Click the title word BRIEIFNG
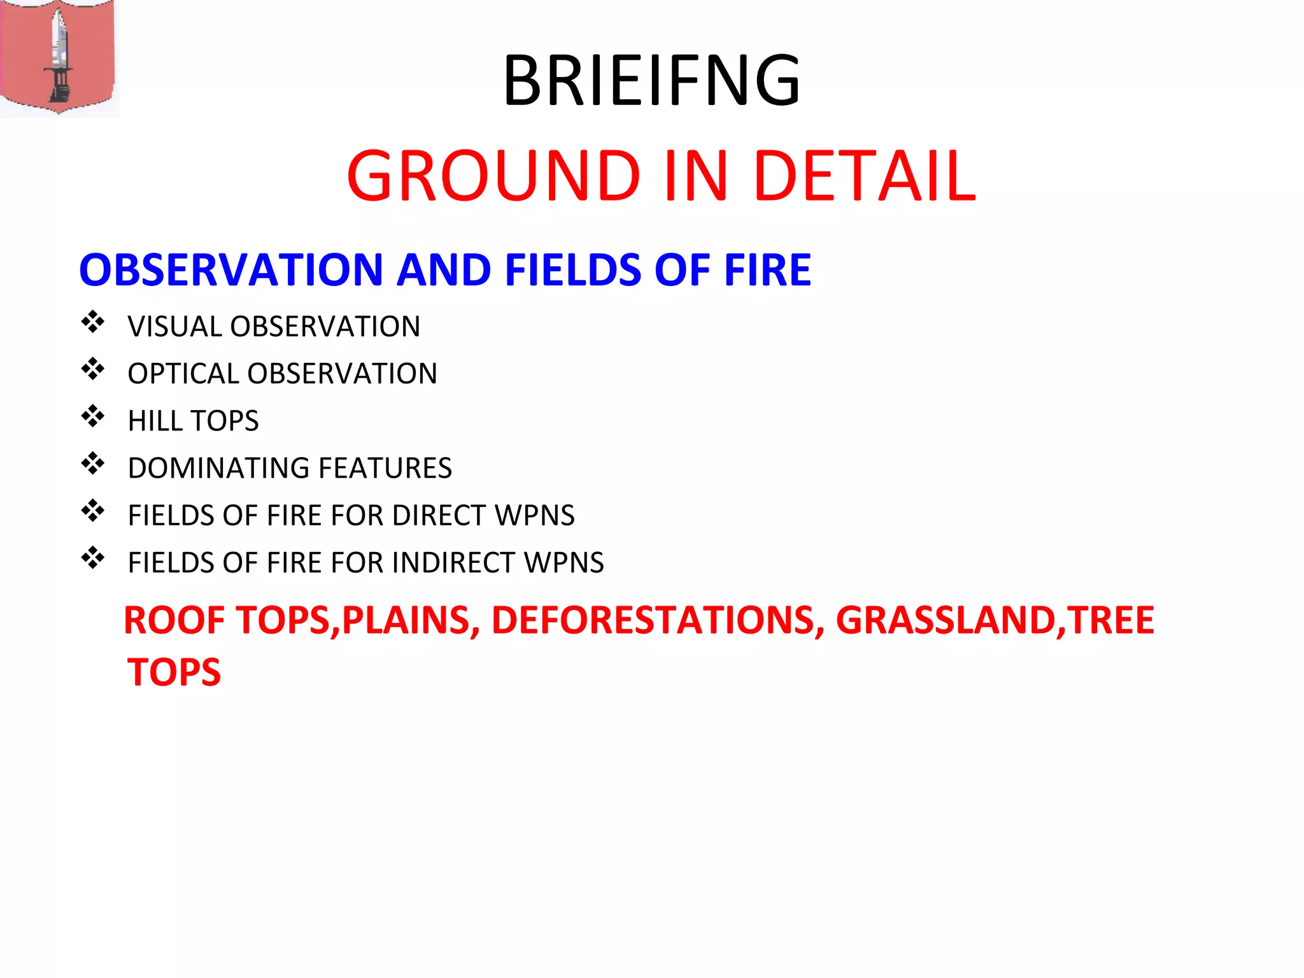651,81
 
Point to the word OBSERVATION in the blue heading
230,270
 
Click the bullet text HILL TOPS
193,421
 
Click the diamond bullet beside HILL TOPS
93,416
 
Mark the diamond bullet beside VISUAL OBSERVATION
93,322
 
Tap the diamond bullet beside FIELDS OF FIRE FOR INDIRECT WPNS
93,558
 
